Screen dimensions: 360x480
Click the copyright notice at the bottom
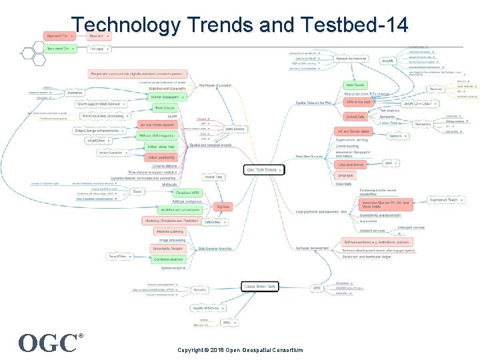coord(240,350)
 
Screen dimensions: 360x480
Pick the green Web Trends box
coord(355,85)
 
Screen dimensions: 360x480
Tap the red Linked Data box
coord(355,117)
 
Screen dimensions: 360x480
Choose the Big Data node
coord(223,207)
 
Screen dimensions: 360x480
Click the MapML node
coord(387,61)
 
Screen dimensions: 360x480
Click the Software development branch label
coord(311,248)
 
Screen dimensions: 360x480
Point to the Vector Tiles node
coord(213,177)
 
